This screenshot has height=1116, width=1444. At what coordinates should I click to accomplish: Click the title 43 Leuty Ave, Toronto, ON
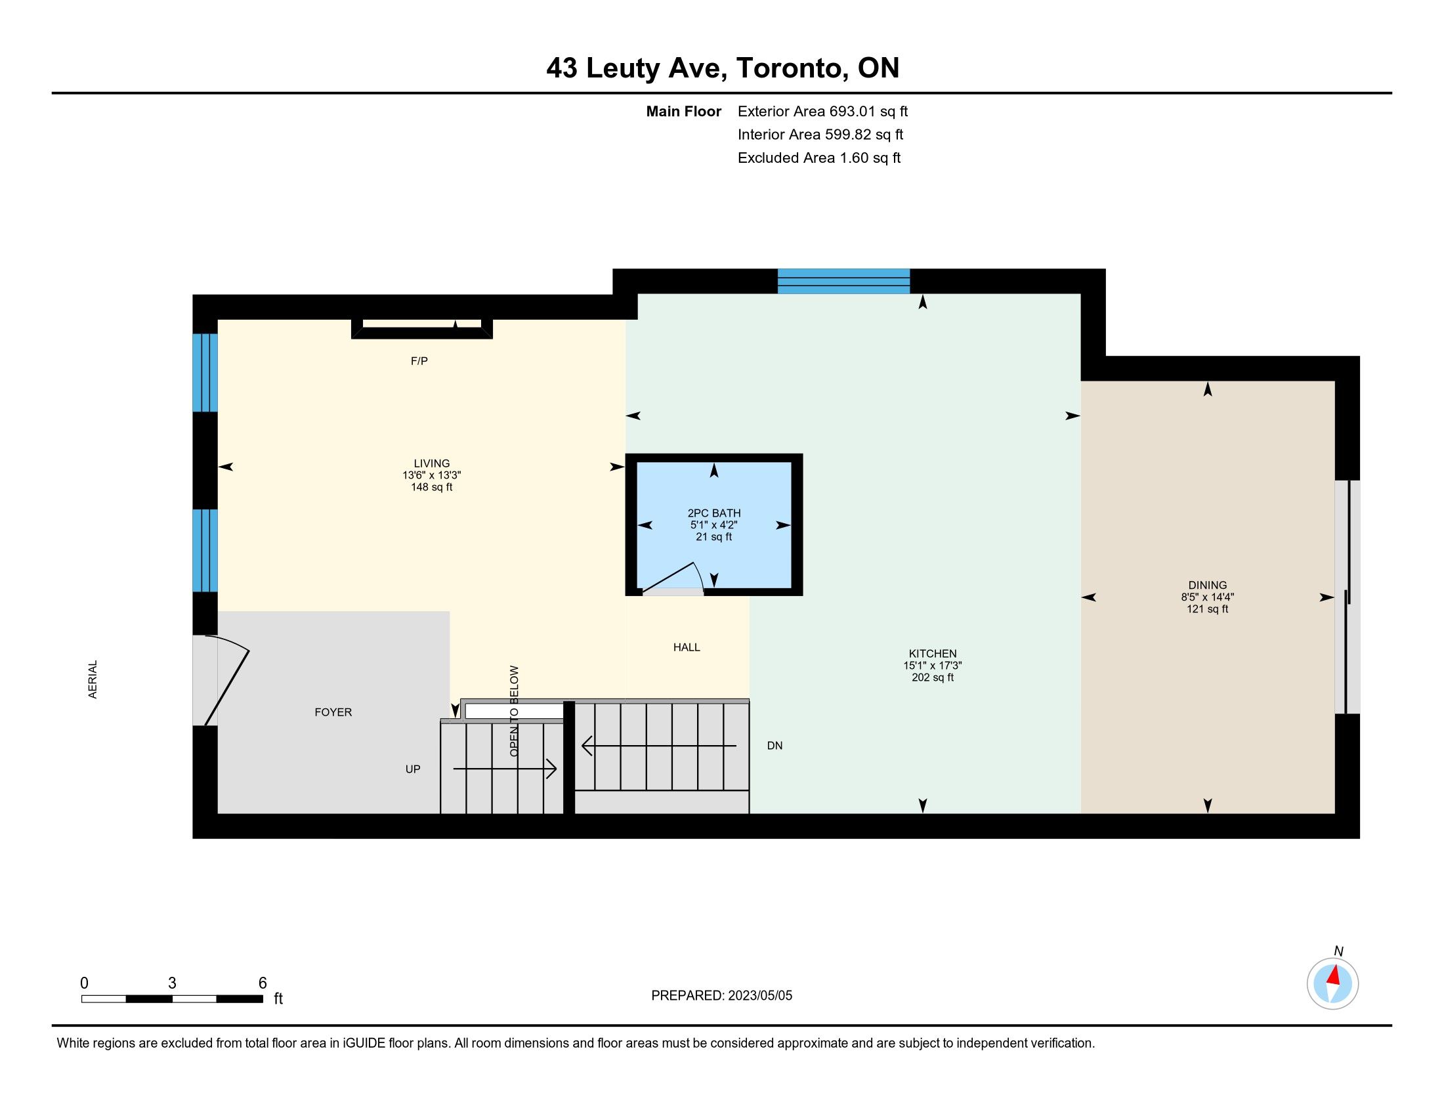click(x=723, y=68)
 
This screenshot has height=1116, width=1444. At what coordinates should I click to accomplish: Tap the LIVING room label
click(x=432, y=464)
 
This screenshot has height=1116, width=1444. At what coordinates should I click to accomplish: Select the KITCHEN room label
click(x=932, y=654)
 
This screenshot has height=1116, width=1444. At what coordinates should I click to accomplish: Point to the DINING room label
click(x=1207, y=585)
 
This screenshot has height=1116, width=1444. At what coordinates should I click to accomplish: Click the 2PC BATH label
click(x=714, y=513)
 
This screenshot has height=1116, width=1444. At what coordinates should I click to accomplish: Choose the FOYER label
click(x=333, y=712)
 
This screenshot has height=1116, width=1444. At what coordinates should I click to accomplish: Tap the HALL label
click(x=687, y=647)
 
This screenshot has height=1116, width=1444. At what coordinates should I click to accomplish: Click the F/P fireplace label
click(x=419, y=361)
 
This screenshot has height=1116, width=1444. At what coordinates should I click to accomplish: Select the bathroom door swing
click(x=674, y=576)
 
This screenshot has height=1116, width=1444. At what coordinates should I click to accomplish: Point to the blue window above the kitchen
click(x=843, y=281)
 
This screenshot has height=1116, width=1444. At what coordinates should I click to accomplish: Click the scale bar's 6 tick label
click(x=263, y=983)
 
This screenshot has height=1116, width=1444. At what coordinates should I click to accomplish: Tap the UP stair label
click(x=413, y=769)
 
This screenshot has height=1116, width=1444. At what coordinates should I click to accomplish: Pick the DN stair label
click(x=775, y=746)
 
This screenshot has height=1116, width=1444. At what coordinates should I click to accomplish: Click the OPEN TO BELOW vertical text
click(x=515, y=711)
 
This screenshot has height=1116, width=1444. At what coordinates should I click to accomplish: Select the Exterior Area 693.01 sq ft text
click(x=822, y=112)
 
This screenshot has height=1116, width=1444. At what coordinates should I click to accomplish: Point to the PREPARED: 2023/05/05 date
click(x=721, y=996)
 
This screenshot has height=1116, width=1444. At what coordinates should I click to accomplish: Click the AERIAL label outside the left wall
click(x=93, y=679)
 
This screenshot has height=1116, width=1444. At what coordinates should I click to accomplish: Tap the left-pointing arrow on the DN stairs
click(x=658, y=746)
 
